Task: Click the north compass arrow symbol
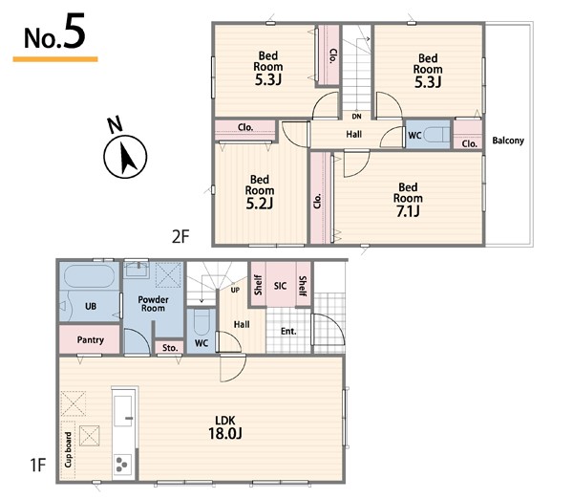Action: (x=125, y=157)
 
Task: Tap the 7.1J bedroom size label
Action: (x=408, y=211)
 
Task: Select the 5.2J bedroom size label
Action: (x=260, y=204)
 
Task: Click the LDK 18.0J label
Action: (x=225, y=427)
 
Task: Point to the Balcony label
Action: (x=508, y=141)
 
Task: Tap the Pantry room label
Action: (x=91, y=340)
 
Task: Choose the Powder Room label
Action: (x=153, y=304)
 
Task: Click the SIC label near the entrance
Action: (x=280, y=286)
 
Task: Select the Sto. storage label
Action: (x=170, y=348)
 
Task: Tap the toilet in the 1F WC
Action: (x=202, y=323)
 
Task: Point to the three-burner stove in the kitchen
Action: (x=122, y=465)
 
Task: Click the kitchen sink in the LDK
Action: (x=123, y=411)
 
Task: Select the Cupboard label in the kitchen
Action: (x=69, y=449)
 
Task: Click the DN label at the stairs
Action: (x=356, y=117)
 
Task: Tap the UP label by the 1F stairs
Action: (x=235, y=290)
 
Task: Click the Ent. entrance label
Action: (x=288, y=332)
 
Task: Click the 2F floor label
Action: (x=180, y=237)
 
